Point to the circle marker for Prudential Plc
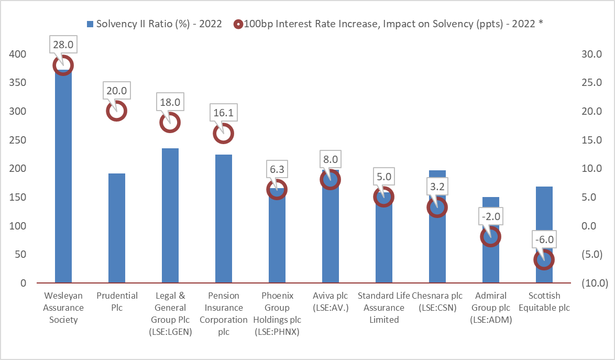116,111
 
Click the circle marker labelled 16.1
223,134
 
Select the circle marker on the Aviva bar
330,180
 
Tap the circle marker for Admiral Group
490,237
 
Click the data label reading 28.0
63,45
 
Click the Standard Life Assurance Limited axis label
383,308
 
